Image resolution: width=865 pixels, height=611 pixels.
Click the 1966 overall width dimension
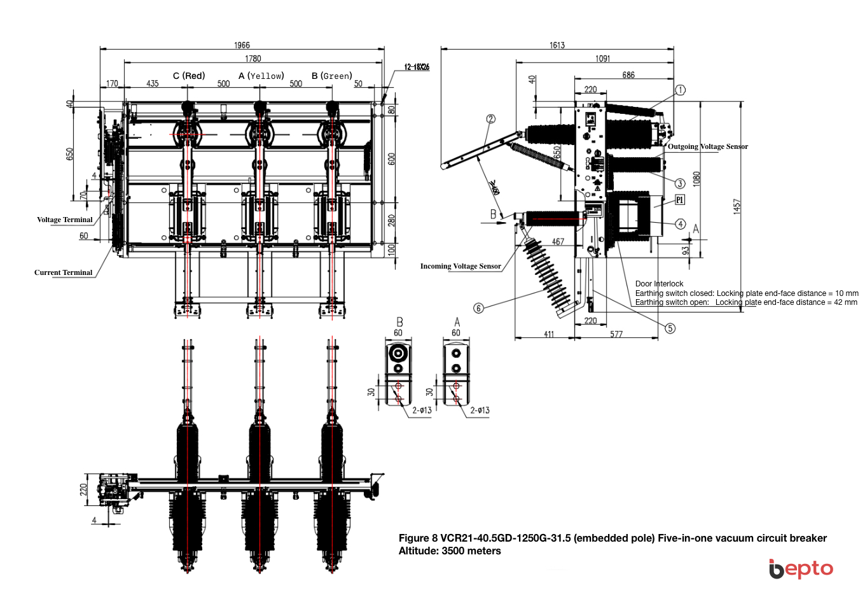[242, 45]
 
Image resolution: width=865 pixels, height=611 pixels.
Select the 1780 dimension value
[253, 59]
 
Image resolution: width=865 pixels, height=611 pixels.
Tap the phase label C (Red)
[189, 76]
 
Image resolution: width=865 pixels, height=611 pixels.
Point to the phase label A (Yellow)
[261, 76]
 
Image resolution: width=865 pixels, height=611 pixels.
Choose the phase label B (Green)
[331, 76]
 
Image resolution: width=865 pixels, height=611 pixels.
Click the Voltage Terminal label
[64, 220]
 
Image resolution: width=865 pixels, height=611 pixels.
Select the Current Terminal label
[63, 272]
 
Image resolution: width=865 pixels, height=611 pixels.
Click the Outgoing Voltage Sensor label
[707, 146]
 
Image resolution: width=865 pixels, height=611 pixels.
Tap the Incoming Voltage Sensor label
[460, 266]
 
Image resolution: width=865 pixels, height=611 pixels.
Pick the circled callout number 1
[680, 90]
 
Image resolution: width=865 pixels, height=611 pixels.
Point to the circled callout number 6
[479, 308]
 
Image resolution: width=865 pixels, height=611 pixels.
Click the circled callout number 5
[670, 328]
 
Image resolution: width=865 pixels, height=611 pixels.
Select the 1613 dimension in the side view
[557, 45]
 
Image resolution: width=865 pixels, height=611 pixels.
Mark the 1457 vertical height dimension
[737, 206]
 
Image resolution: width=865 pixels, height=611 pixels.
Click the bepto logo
[801, 568]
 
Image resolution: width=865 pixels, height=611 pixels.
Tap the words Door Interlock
[659, 284]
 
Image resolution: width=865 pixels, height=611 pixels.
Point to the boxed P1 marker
[679, 200]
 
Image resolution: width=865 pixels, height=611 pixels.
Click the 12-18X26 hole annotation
[417, 67]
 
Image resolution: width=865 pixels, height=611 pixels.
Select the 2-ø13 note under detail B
[422, 411]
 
